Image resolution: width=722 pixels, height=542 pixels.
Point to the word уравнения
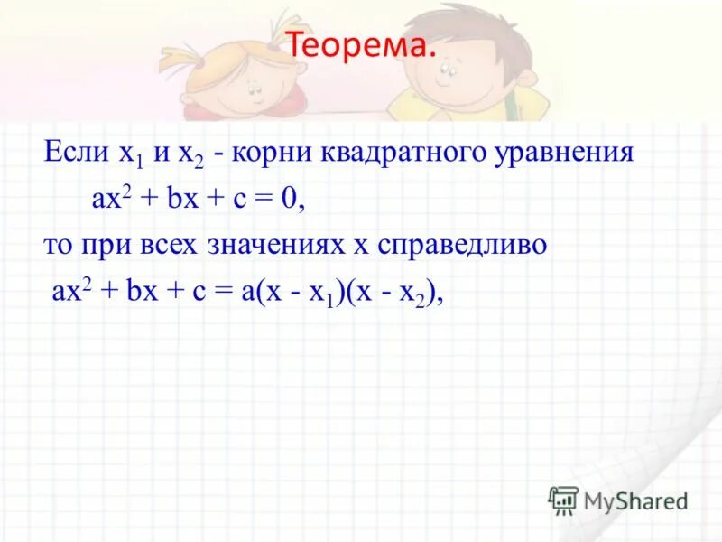coord(572,154)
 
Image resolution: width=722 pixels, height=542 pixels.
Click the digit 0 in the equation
coord(288,201)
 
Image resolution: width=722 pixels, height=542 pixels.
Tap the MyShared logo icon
coord(563,500)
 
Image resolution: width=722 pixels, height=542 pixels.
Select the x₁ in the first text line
coord(127,154)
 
